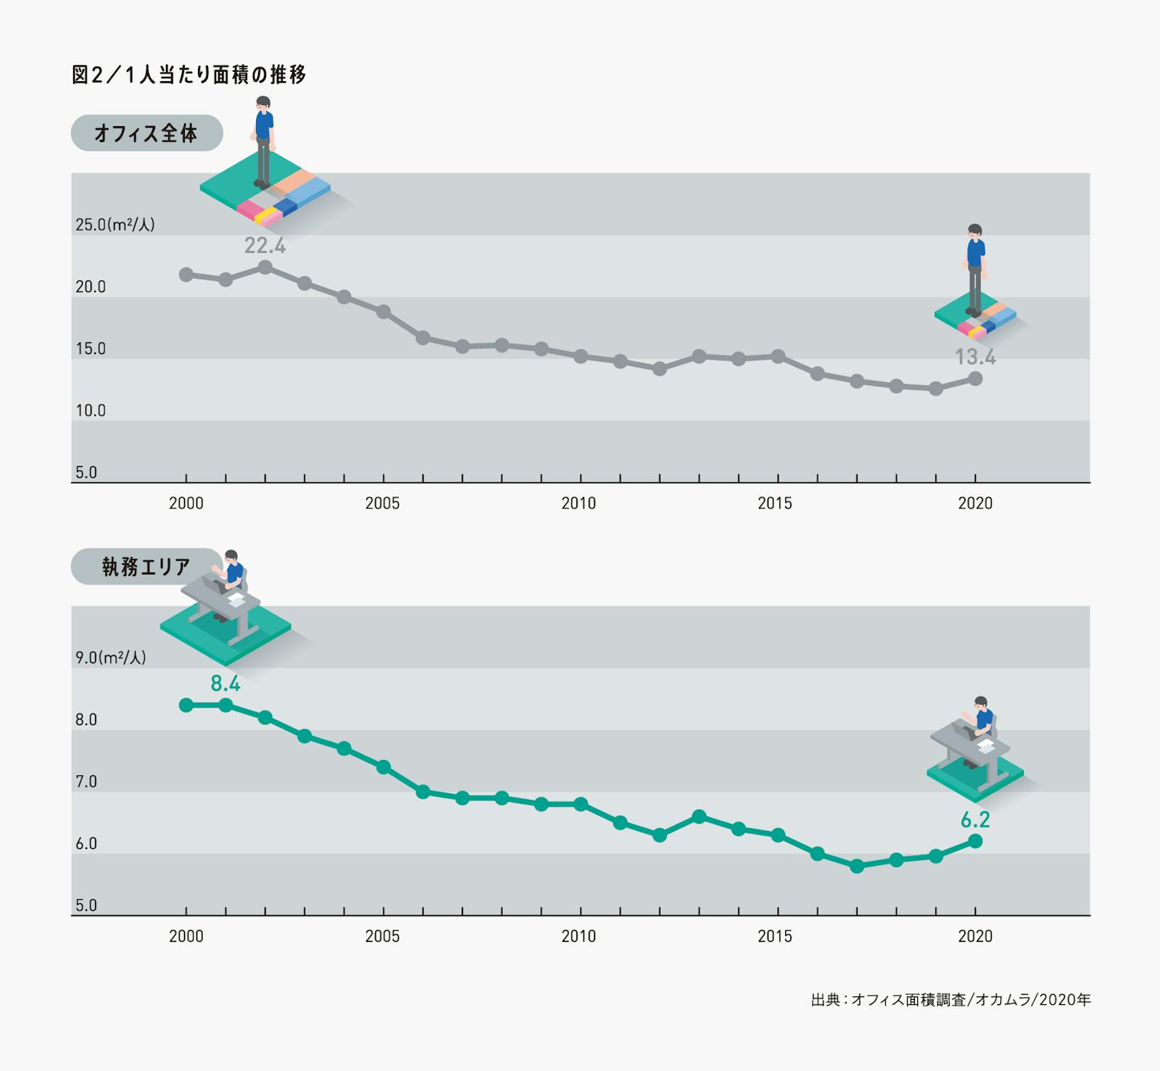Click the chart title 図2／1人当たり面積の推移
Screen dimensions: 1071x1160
pos(188,75)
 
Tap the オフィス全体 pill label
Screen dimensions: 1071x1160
pos(146,133)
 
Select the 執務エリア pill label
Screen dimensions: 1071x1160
pos(146,566)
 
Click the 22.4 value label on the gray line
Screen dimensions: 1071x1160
pos(265,246)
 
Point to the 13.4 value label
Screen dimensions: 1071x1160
pos(975,357)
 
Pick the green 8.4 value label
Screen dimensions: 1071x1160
pos(225,683)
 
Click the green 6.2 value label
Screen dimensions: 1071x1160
pos(975,819)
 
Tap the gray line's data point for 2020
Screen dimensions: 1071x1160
pos(975,379)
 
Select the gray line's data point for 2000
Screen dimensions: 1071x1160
pos(186,275)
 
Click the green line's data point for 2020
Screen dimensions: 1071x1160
pos(975,841)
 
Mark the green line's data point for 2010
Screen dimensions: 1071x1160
pos(581,804)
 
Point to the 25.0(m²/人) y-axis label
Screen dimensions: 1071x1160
pos(115,225)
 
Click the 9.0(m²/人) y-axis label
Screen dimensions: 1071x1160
pos(110,658)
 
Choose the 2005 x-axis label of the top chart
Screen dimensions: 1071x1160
pos(383,503)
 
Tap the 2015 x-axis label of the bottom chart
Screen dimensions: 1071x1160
pos(775,936)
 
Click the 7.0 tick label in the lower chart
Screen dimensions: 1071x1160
pos(86,782)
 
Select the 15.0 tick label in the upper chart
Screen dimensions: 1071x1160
pos(91,349)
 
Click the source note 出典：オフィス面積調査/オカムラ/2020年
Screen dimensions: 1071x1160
pos(950,1000)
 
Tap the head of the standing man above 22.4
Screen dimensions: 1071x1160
pos(263,102)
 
